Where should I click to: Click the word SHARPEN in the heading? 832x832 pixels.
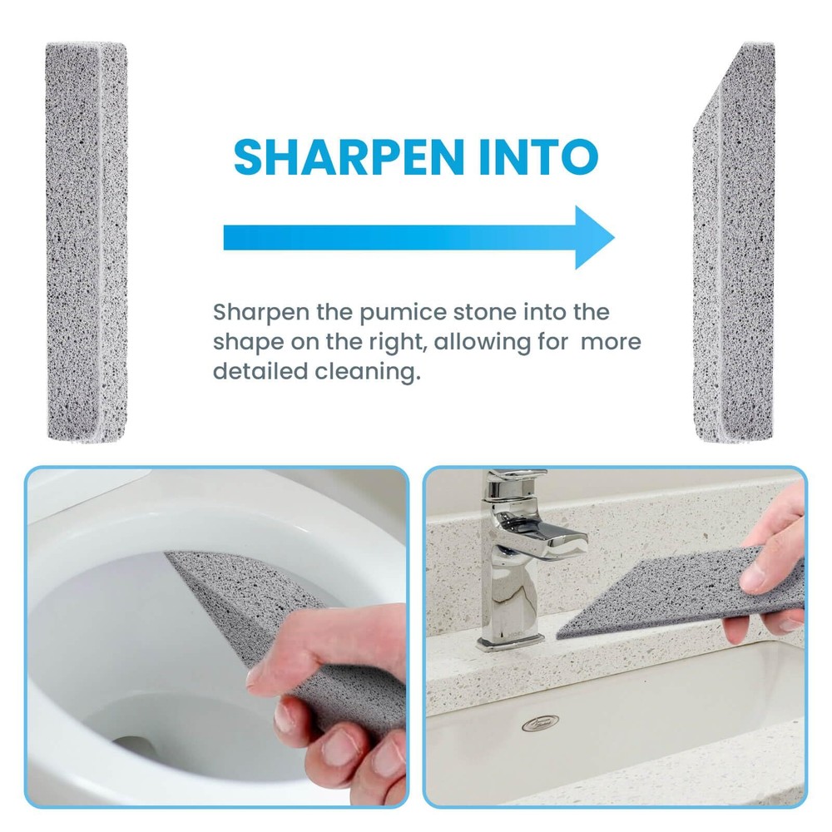tap(349, 156)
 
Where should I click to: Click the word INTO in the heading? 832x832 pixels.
tap(538, 156)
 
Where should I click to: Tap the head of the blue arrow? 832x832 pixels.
tap(595, 237)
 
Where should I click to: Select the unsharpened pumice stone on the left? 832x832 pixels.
tap(87, 241)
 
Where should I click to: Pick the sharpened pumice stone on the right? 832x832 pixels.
tap(734, 241)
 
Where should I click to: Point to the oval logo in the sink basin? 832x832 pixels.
tap(540, 722)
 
